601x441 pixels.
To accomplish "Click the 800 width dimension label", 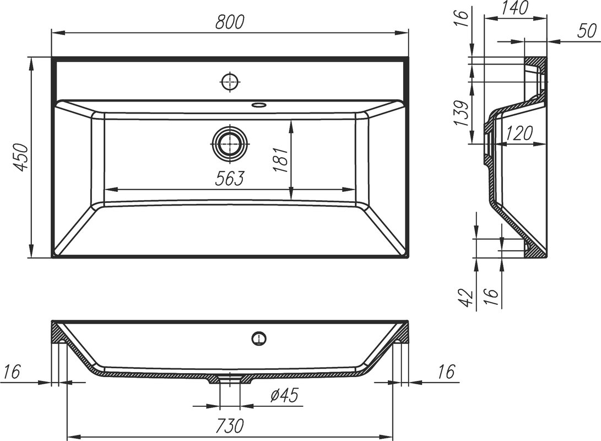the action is [x=230, y=22].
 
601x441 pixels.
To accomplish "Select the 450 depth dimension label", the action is [x=20, y=157].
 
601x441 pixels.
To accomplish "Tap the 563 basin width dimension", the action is [x=229, y=179].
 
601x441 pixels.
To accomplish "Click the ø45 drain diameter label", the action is [x=284, y=395].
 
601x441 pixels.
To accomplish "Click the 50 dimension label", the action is [x=587, y=31].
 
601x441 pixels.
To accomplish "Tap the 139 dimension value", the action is [x=461, y=114].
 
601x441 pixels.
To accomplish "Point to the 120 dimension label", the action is [x=518, y=133].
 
